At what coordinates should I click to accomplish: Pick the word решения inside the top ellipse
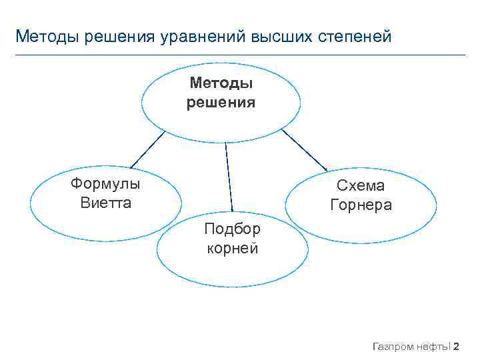click(x=221, y=102)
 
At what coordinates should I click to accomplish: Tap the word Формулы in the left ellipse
click(x=105, y=184)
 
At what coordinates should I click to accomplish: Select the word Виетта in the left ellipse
click(x=106, y=202)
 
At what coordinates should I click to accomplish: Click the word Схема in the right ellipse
click(x=361, y=187)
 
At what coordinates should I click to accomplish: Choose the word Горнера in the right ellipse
click(x=361, y=205)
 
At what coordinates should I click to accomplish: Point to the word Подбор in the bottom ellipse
click(x=232, y=229)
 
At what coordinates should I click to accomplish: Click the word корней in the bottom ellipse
click(x=232, y=248)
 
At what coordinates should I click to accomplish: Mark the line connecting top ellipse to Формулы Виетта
click(x=147, y=148)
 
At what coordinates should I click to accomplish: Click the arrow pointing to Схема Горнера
click(x=304, y=151)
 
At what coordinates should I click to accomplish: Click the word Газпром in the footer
click(x=393, y=346)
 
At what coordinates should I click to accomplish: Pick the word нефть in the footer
click(x=434, y=346)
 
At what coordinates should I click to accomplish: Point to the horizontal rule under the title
click(x=240, y=55)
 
